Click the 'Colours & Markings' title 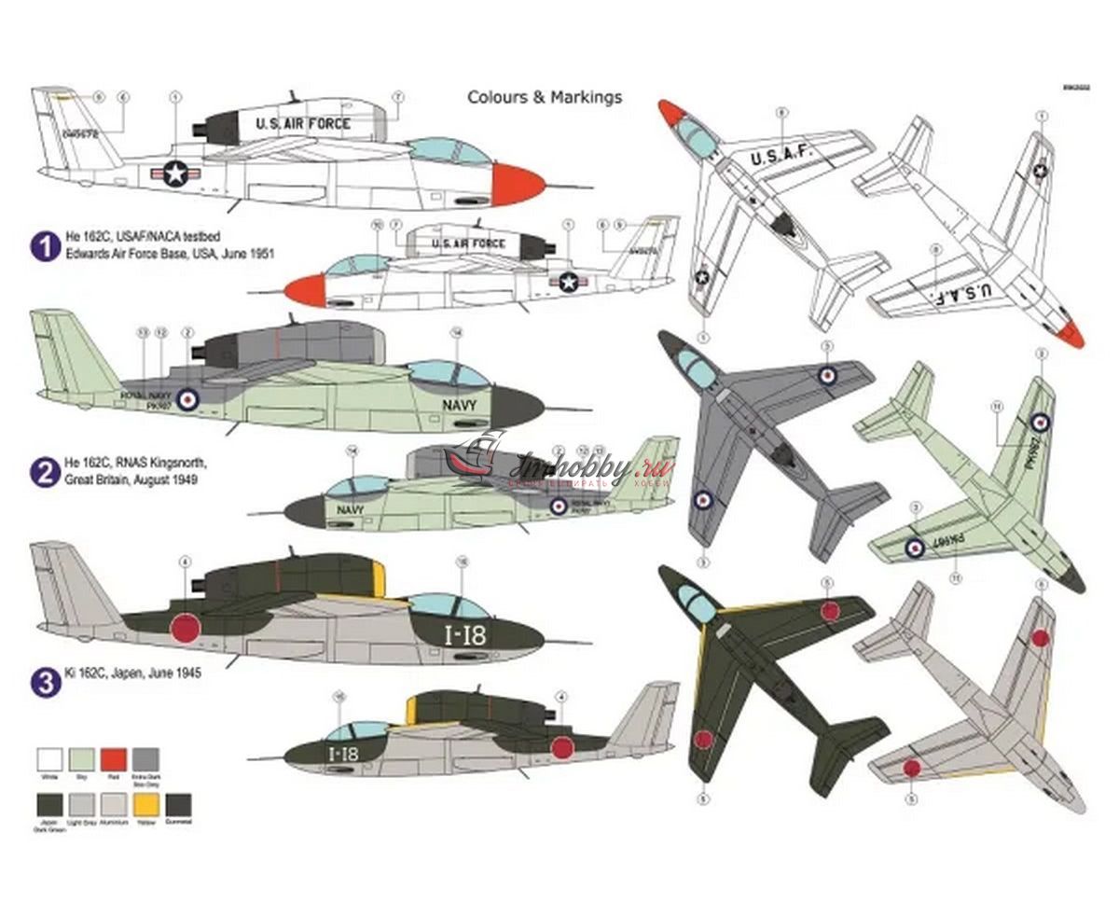(545, 97)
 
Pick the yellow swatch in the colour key (145, 804)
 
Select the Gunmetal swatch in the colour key (176, 804)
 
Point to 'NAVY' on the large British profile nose (459, 405)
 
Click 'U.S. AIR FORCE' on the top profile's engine (303, 123)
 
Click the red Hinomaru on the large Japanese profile (186, 628)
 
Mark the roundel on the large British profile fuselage (187, 399)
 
